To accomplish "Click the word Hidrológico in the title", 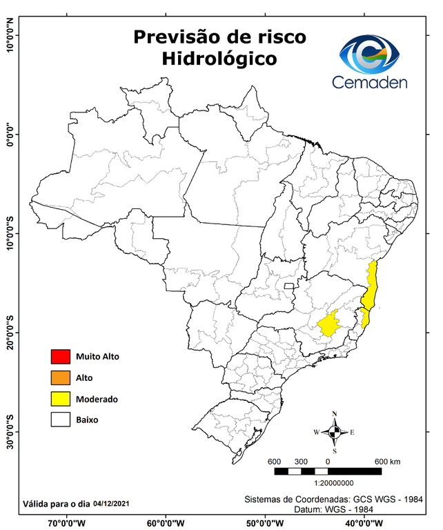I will click(x=219, y=59).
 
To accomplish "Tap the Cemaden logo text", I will click(x=370, y=82).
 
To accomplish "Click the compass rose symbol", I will click(x=334, y=432).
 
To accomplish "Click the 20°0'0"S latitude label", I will click(x=9, y=332).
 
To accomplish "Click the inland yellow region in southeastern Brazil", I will click(x=332, y=323).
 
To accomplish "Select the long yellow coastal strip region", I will click(x=372, y=290).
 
